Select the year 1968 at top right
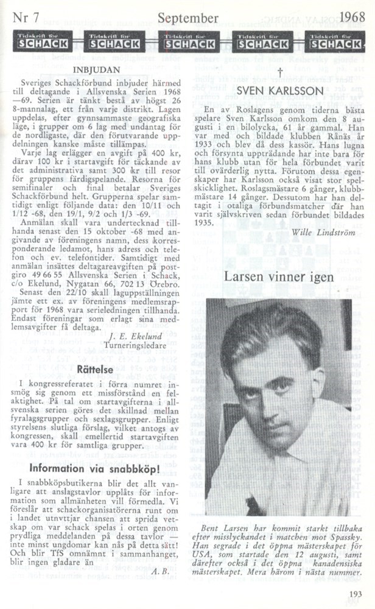352,16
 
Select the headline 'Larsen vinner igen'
279,277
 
